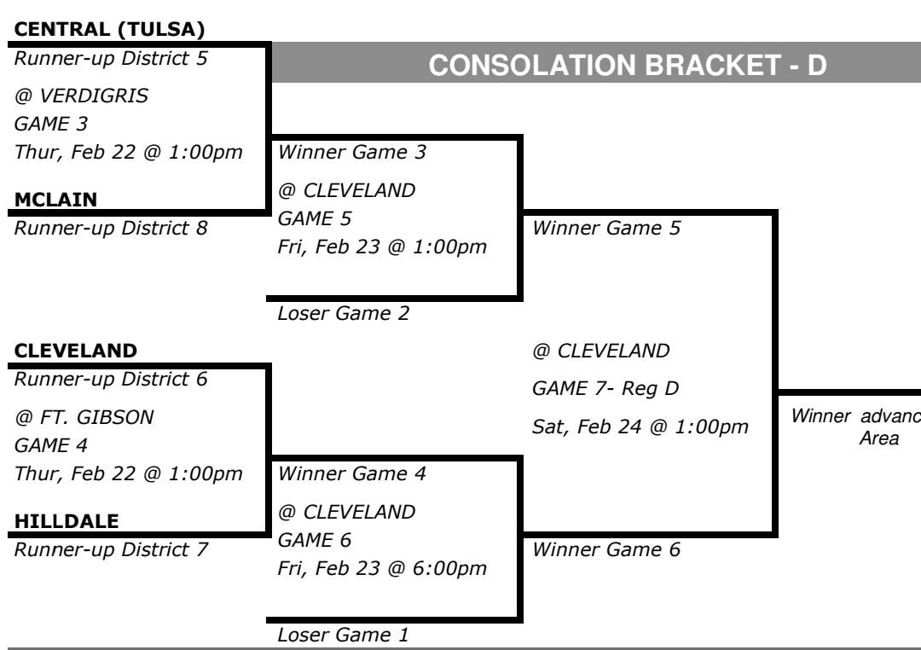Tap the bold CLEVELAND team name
coord(76,350)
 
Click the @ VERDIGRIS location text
coord(82,96)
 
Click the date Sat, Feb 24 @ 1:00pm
coord(640,425)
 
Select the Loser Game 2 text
coord(343,314)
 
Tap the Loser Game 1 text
coord(343,634)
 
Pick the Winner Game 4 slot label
coord(353,473)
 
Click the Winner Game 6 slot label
coord(606,548)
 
